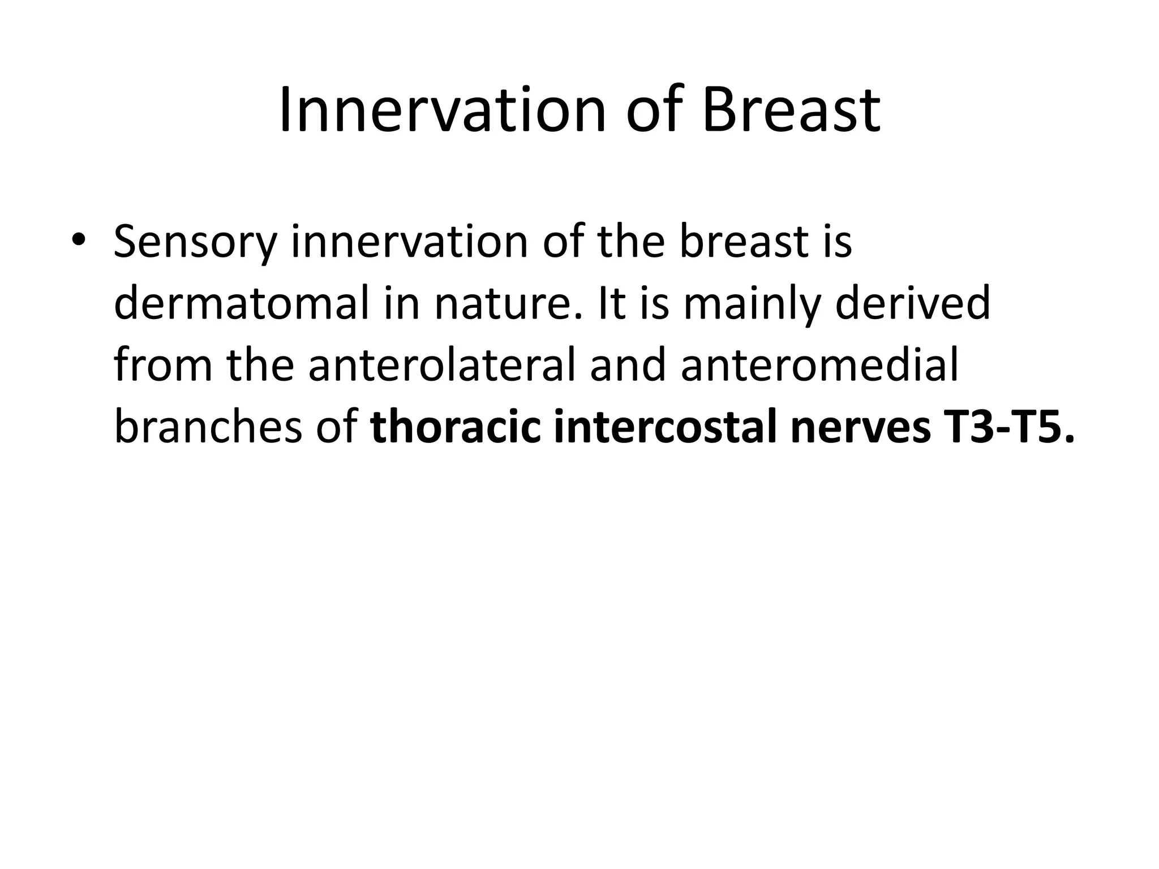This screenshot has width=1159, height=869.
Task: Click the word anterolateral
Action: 441,365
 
